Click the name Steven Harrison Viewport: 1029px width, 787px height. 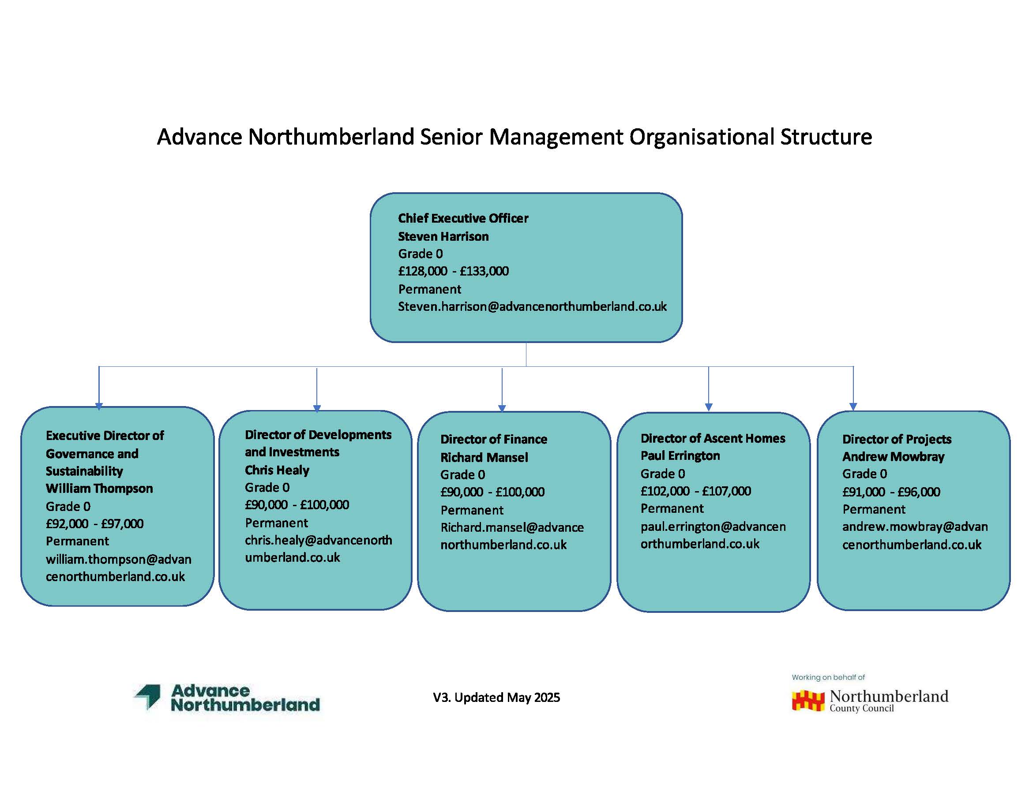(x=443, y=237)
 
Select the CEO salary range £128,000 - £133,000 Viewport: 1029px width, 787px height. (x=453, y=271)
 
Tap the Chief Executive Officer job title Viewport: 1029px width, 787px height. (x=463, y=218)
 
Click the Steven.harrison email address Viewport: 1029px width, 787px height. (x=532, y=306)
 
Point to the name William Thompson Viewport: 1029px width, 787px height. (x=99, y=489)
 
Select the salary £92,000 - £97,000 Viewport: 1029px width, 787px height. (x=95, y=524)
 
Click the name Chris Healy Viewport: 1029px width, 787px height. (x=277, y=470)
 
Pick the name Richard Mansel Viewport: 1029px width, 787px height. (x=484, y=458)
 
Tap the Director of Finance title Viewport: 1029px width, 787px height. (x=494, y=440)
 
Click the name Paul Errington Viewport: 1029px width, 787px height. (x=680, y=456)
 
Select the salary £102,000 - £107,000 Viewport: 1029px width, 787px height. (x=696, y=491)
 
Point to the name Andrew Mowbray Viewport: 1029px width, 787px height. (x=893, y=457)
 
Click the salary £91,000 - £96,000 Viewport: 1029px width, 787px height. (x=891, y=492)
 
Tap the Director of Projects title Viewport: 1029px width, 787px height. (x=897, y=440)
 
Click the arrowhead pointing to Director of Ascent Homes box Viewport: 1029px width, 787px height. (x=709, y=407)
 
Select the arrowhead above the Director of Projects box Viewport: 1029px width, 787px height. (x=853, y=407)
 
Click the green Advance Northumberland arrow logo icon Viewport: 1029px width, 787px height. (x=147, y=697)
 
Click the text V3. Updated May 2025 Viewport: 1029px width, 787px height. (x=496, y=698)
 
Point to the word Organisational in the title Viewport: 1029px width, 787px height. (x=701, y=137)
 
